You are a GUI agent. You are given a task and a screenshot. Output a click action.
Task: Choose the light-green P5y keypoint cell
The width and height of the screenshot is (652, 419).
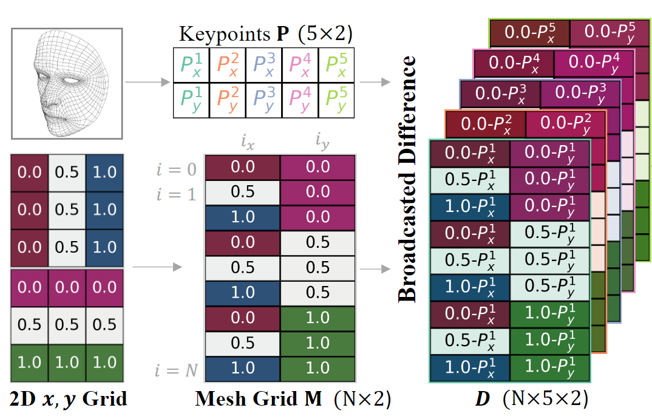(336, 100)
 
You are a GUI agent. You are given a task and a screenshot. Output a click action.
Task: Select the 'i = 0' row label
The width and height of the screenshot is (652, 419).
(175, 168)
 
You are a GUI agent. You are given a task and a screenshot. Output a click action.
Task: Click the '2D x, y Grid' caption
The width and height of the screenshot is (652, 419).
(68, 399)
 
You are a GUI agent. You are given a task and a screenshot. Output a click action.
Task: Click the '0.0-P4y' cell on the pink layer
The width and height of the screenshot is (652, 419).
(592, 62)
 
